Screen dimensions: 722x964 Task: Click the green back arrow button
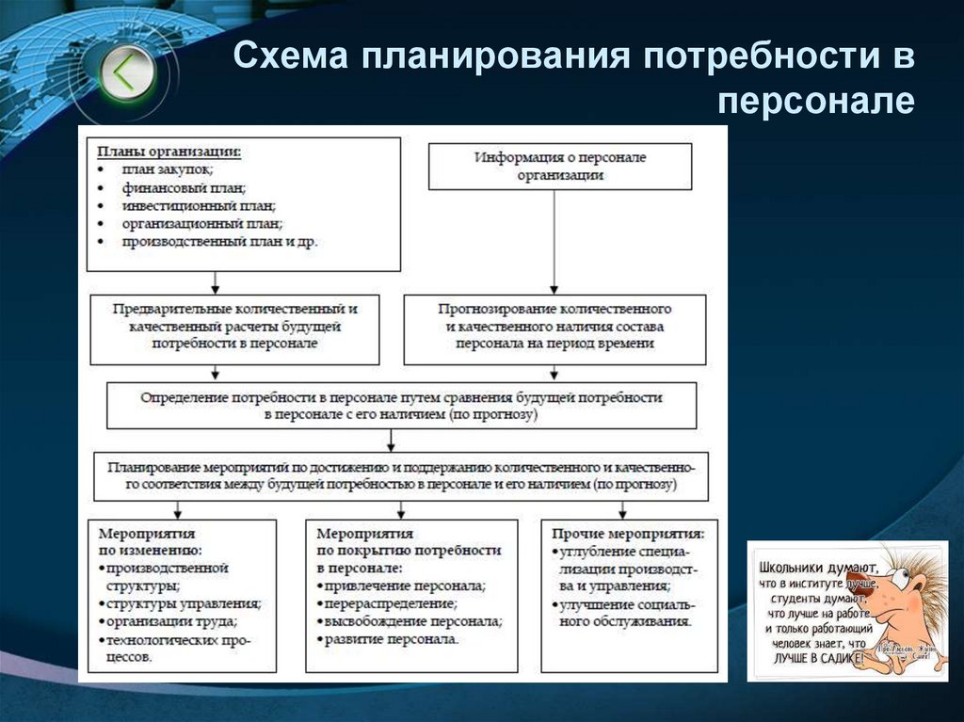123,72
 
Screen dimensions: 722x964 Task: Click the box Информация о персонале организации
560,166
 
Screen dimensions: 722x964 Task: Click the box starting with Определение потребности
401,406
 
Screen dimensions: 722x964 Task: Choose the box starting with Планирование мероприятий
401,476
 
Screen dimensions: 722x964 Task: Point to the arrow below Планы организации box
216,281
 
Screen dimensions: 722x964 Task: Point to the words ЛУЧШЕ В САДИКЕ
815,659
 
